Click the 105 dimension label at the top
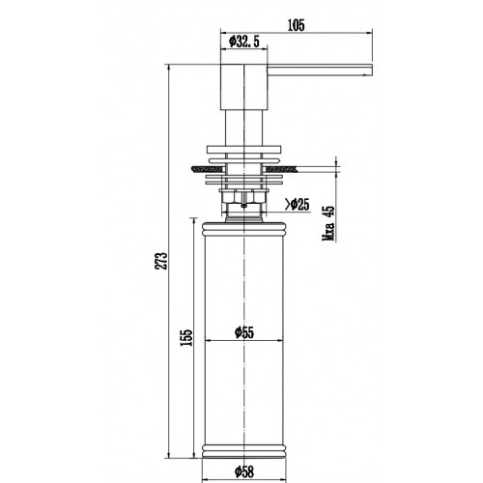pyautogui.click(x=296, y=25)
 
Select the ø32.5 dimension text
pyautogui.click(x=243, y=42)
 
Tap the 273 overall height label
pyautogui.click(x=162, y=261)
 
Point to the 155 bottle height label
pyautogui.click(x=186, y=337)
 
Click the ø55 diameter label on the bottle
pyautogui.click(x=244, y=332)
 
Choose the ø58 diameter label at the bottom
pyautogui.click(x=244, y=472)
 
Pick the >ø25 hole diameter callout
pyautogui.click(x=297, y=204)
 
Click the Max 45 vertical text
pyautogui.click(x=328, y=223)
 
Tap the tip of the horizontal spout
pyautogui.click(x=372, y=70)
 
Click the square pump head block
pyautogui.click(x=243, y=87)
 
